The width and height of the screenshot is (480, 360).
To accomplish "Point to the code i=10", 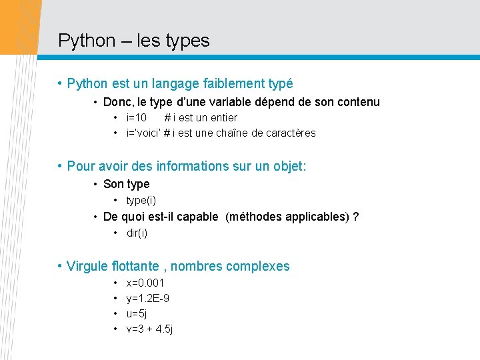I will click(137, 117).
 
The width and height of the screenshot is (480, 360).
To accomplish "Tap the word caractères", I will click(291, 133).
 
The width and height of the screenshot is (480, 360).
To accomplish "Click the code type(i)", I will click(141, 200).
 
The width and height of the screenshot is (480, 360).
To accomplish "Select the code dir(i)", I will click(137, 233).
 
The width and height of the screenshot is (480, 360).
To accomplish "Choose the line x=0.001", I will click(145, 283).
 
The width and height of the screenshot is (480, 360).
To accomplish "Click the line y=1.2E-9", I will click(147, 298).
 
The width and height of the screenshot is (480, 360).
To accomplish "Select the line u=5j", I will click(137, 313).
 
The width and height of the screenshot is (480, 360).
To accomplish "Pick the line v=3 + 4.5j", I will click(149, 329).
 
